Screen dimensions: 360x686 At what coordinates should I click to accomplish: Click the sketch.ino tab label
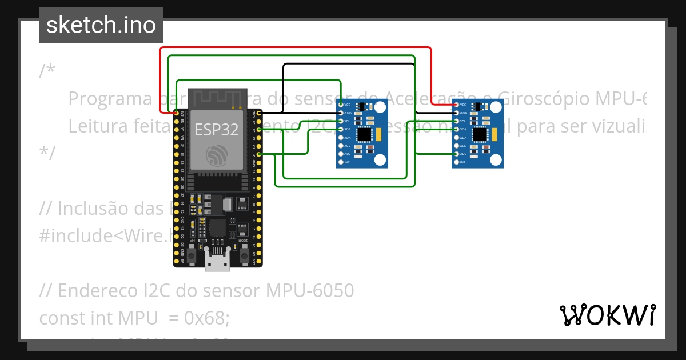pyautogui.click(x=101, y=25)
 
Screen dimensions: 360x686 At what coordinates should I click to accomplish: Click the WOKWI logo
pyautogui.click(x=607, y=315)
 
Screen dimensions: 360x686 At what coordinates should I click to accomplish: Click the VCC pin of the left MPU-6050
pyautogui.click(x=341, y=105)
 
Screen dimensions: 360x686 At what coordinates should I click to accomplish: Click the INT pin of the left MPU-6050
pyautogui.click(x=341, y=162)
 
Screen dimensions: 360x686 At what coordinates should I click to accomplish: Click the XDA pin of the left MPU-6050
pyautogui.click(x=341, y=138)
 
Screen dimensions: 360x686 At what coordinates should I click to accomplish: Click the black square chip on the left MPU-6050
pyautogui.click(x=364, y=135)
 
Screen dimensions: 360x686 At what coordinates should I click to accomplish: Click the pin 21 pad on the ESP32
pyautogui.click(x=260, y=154)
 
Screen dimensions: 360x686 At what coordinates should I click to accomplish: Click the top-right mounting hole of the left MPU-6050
pyautogui.click(x=380, y=107)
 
